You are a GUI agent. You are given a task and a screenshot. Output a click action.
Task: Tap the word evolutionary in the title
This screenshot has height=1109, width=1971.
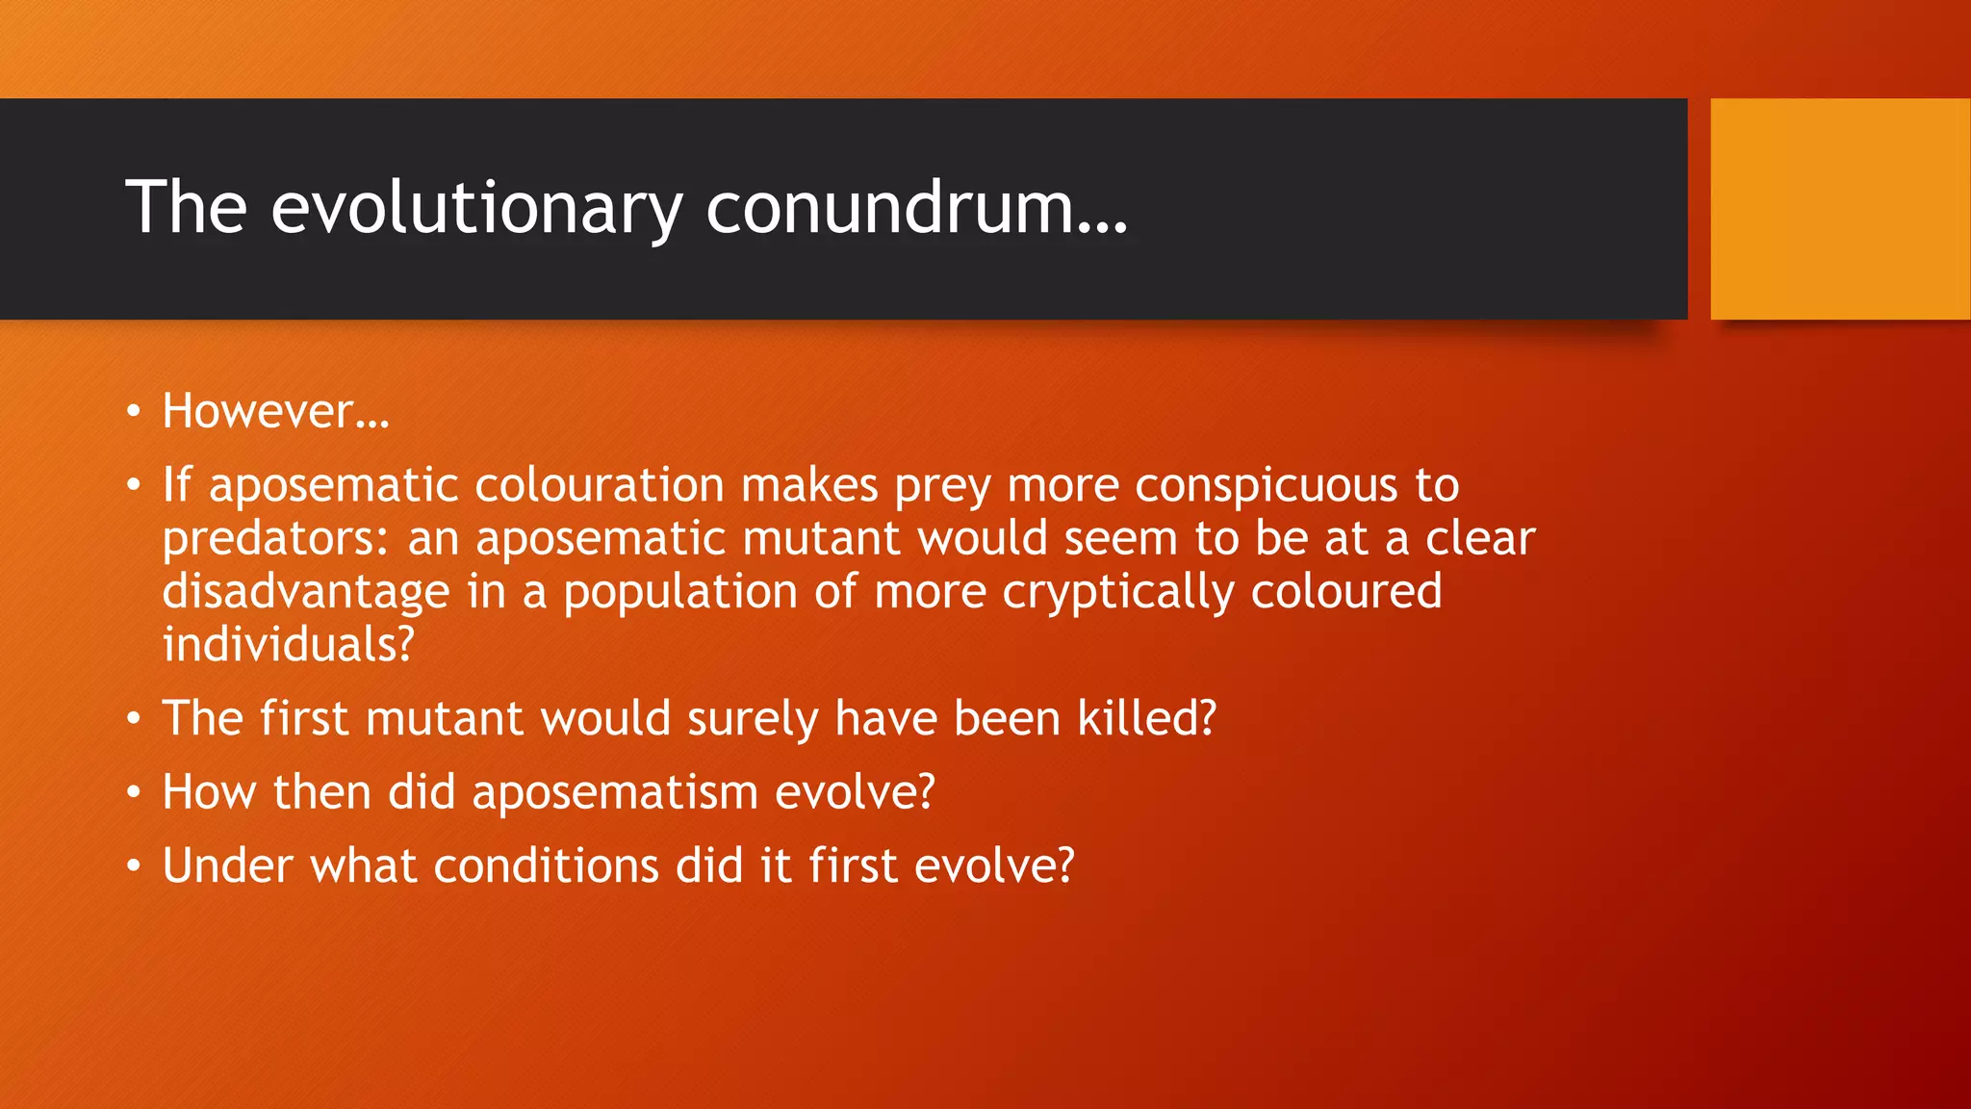tap(476, 207)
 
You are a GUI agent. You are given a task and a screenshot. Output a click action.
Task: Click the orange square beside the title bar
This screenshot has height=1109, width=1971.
tap(1840, 209)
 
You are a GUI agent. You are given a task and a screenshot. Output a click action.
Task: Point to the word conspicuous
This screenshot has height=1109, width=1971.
tap(1266, 485)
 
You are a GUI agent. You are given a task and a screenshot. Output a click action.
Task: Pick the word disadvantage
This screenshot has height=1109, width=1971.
tap(305, 592)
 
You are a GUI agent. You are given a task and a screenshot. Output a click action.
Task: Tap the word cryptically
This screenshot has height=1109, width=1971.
tap(1118, 592)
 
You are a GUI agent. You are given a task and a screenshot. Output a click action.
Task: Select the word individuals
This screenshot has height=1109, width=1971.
tap(287, 645)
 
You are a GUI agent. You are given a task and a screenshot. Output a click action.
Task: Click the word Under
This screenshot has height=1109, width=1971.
tap(227, 865)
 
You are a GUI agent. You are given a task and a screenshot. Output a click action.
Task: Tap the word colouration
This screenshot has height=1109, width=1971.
tap(599, 485)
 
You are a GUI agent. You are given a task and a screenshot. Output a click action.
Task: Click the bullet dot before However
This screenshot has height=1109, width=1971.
tap(134, 412)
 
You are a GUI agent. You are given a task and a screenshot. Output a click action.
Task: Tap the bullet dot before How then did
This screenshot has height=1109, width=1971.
tap(134, 793)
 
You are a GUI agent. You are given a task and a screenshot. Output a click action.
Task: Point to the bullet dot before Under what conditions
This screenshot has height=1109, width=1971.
tap(134, 866)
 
